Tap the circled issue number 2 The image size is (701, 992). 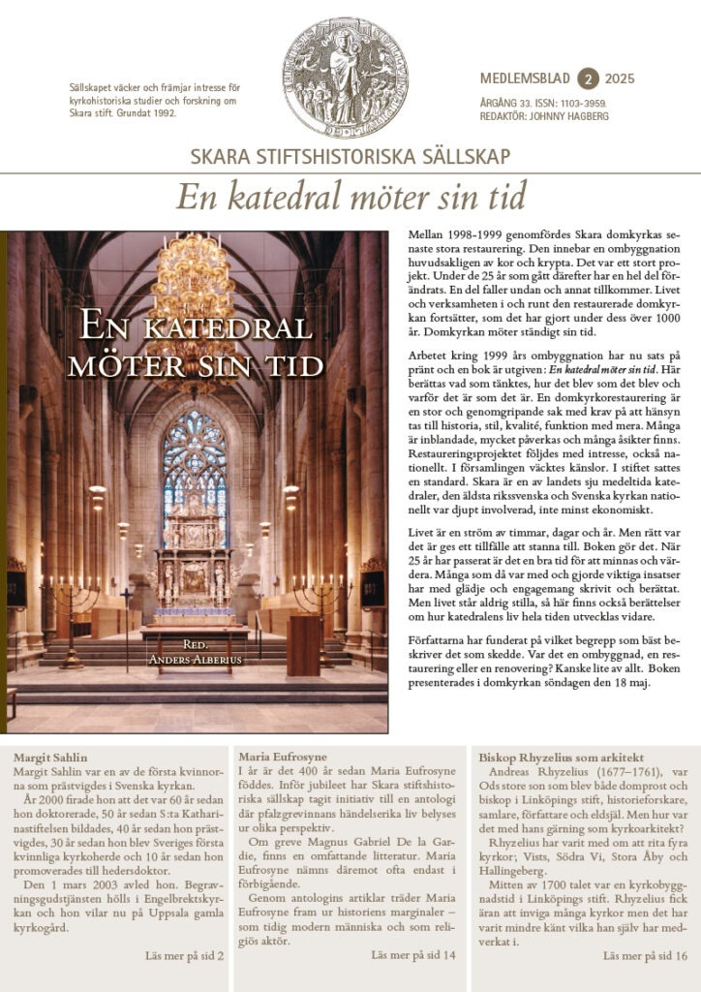pos(587,78)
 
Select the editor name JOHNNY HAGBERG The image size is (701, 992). pos(578,114)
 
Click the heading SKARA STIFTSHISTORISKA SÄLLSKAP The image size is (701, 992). pos(350,157)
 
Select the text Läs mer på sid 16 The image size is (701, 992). pos(645,956)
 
